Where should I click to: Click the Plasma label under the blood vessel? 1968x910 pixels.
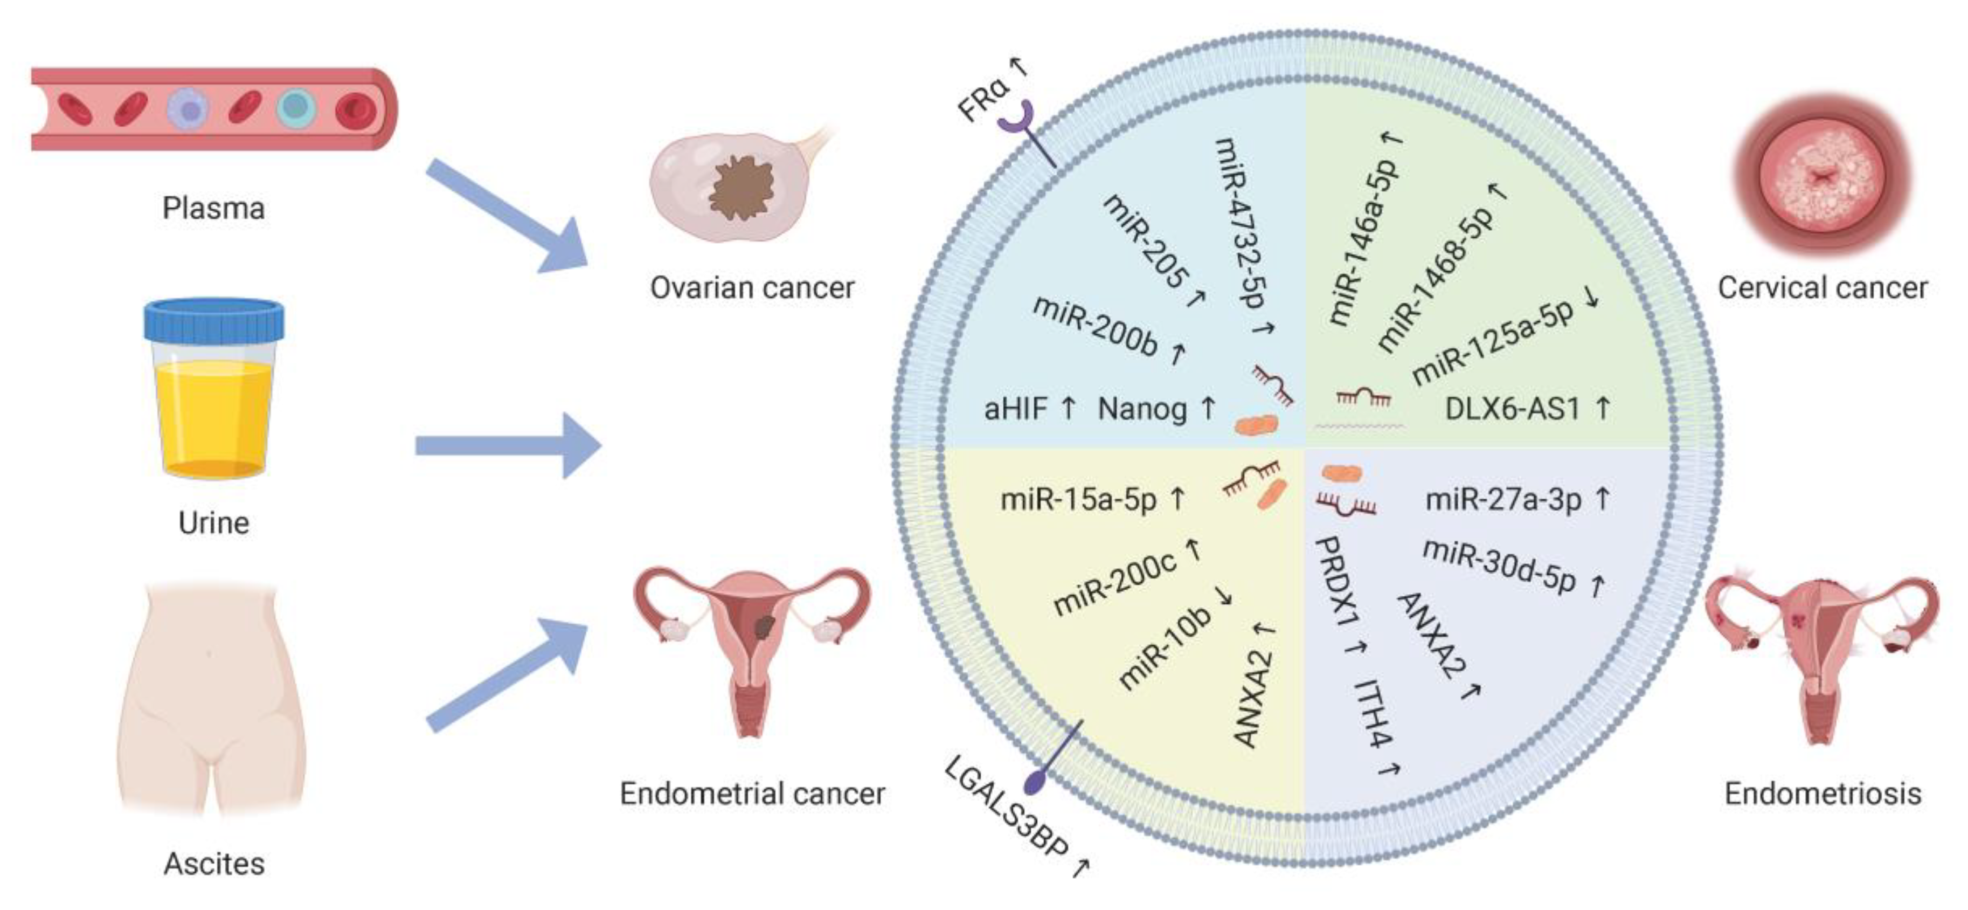click(213, 208)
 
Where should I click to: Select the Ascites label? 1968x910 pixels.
click(214, 864)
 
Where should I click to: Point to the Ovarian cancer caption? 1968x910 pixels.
click(752, 288)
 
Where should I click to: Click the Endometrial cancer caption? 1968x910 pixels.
click(752, 793)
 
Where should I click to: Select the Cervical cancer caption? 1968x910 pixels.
click(1822, 288)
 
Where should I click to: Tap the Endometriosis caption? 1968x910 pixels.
click(1822, 793)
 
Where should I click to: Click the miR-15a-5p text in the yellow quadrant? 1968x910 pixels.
click(1079, 500)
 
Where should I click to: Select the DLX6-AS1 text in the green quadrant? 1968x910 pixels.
click(1513, 409)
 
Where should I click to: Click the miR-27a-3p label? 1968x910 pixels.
click(1503, 500)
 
